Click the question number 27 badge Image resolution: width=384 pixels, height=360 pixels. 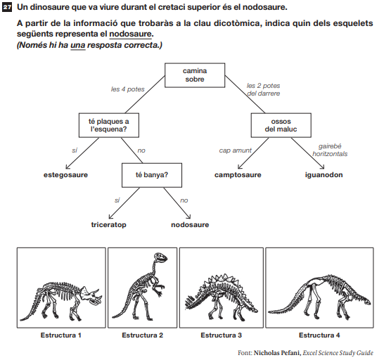click(6, 7)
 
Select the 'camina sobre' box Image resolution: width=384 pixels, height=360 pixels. click(195, 75)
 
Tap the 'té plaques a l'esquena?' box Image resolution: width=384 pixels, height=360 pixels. click(109, 125)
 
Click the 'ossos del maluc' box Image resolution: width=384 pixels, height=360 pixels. click(281, 125)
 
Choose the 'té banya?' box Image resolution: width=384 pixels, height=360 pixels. click(152, 175)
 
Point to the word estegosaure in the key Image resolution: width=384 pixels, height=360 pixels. click(65, 175)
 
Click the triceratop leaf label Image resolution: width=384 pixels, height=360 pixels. click(109, 225)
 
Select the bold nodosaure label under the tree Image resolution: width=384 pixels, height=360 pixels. click(190, 225)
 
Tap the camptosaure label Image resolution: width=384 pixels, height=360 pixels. click(238, 175)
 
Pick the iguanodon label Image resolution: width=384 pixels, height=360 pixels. click(324, 175)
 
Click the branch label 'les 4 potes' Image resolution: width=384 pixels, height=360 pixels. click(127, 89)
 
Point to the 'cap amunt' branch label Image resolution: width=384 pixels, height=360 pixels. click(235, 150)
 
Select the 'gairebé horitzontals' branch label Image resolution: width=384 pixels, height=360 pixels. click(330, 150)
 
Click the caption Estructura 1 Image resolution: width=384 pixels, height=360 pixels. click(60, 335)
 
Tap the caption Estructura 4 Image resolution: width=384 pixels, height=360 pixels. click(319, 335)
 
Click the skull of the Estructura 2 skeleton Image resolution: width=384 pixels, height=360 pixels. click(160, 257)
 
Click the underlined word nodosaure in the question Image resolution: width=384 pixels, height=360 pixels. click(130, 34)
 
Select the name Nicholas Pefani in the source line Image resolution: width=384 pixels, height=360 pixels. click(276, 353)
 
